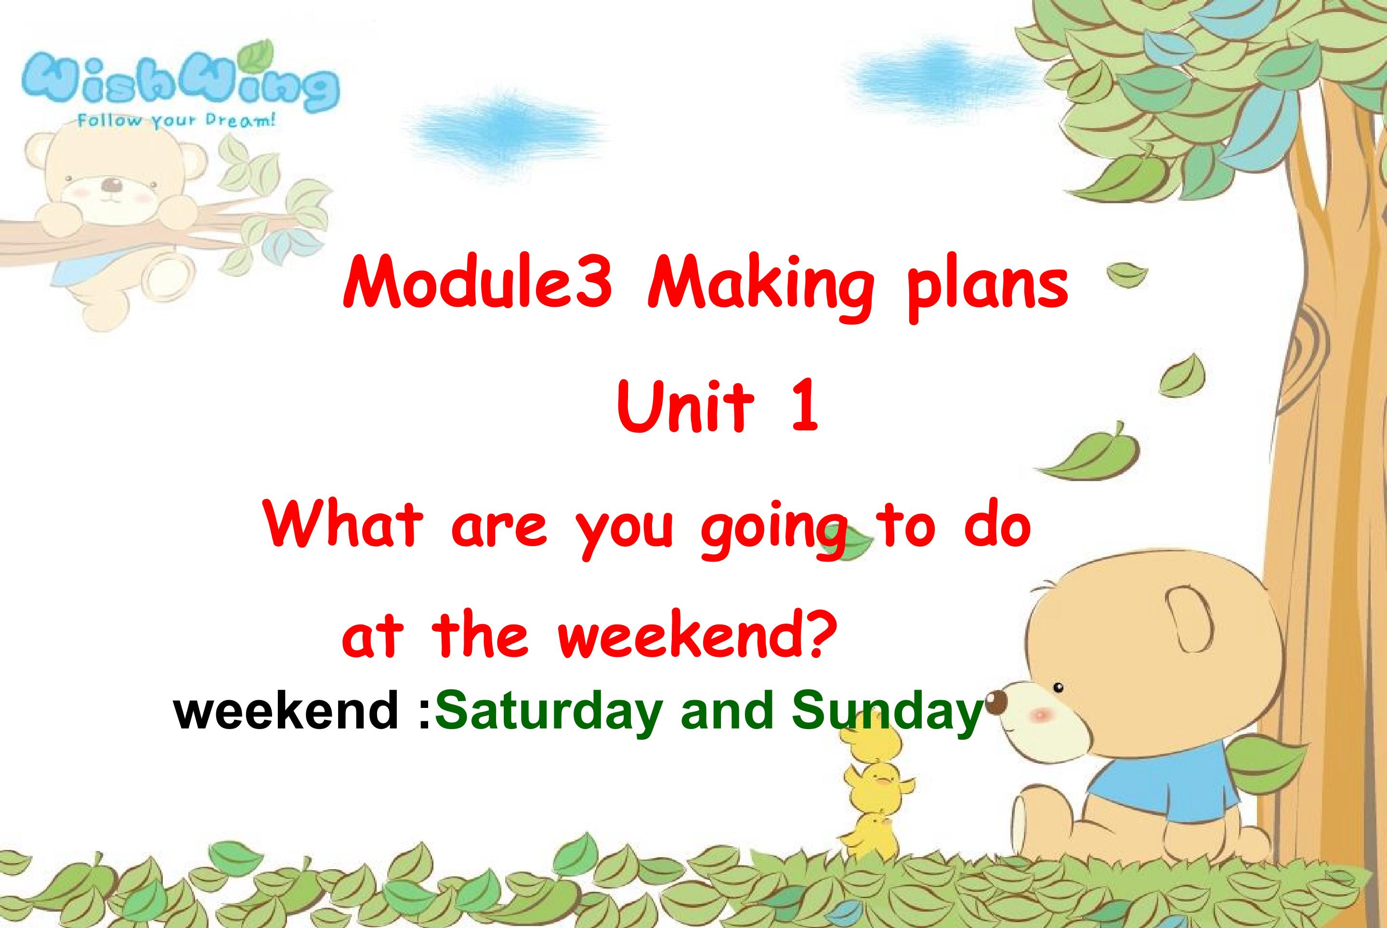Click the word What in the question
(x=343, y=525)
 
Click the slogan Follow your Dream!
(x=176, y=121)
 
